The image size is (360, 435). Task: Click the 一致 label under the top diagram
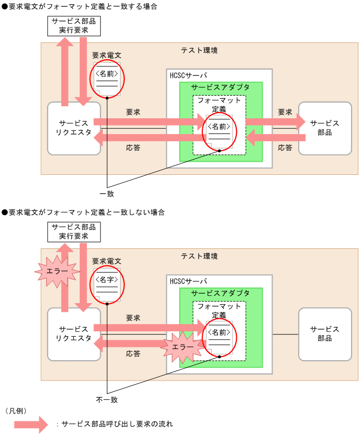107,194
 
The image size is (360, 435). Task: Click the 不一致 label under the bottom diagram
107,399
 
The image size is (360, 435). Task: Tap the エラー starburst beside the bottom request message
57,271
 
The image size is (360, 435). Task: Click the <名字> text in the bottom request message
107,280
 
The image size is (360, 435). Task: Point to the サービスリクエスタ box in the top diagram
73,128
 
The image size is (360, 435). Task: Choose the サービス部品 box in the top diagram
325,128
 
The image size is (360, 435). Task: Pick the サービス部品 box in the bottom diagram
325,334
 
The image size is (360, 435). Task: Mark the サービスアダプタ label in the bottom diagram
221,293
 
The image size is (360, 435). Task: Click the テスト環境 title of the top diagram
199,51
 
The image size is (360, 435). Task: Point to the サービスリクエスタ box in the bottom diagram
73,334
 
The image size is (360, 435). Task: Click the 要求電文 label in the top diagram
106,55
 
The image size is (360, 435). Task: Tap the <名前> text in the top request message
107,74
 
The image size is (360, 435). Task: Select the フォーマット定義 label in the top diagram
220,105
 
